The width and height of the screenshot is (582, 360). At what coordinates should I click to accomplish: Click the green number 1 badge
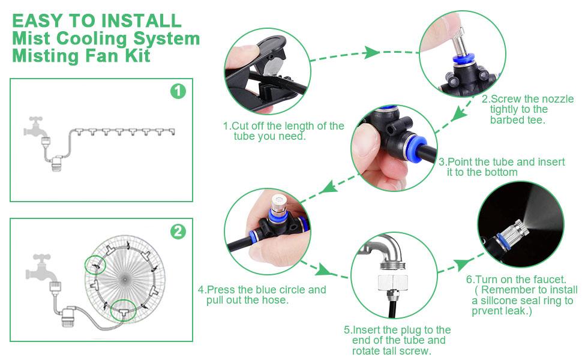coord(178,91)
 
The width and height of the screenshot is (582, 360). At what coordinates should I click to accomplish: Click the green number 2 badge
coord(178,231)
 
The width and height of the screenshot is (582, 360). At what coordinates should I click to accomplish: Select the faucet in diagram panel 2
coord(41,267)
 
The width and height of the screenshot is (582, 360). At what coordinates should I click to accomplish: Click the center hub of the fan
coord(125,279)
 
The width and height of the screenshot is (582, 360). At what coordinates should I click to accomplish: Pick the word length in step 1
coord(305,127)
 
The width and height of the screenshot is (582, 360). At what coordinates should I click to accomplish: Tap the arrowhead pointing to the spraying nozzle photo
coord(461,264)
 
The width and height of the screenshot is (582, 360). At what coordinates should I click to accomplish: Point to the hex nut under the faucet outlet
coord(393,283)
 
